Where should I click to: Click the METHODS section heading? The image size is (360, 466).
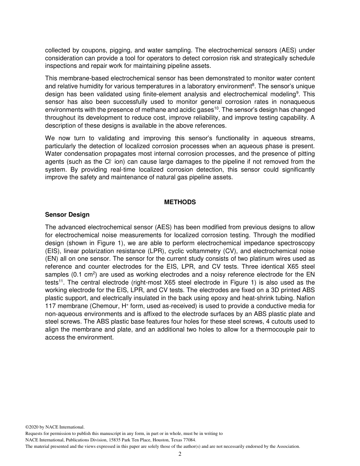coord(180,202)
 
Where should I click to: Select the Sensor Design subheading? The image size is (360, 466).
coord(67,215)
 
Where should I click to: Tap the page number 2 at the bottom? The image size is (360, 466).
coord(180,454)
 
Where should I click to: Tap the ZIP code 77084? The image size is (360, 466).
coord(189,440)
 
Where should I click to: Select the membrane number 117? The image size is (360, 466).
coord(50,306)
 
